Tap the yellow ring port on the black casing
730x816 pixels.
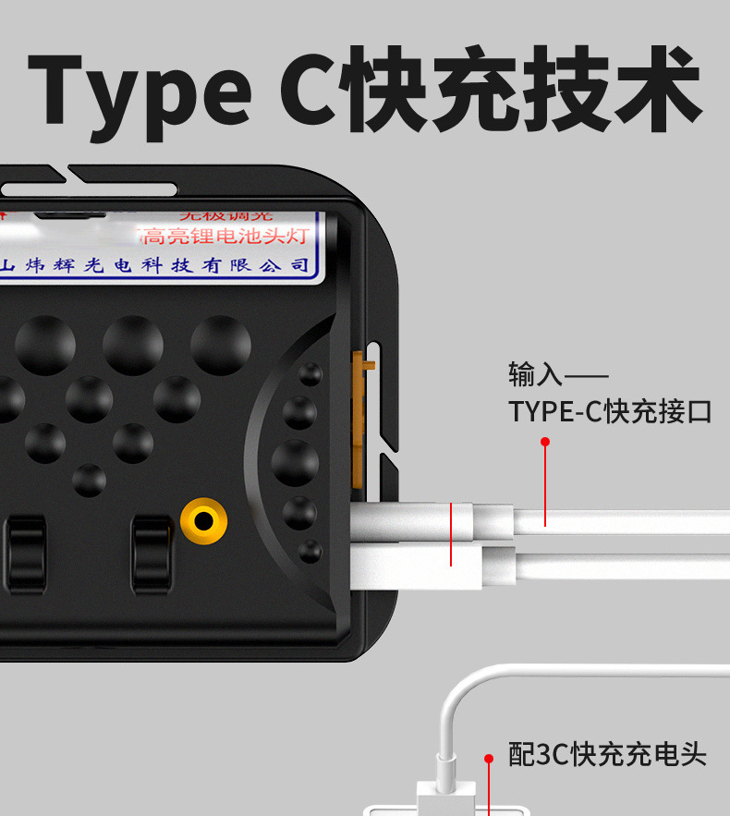tap(204, 523)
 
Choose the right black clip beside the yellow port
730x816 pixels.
tap(152, 553)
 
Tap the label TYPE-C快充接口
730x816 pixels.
tap(610, 411)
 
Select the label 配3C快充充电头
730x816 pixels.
tap(607, 754)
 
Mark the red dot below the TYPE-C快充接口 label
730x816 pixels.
tap(545, 442)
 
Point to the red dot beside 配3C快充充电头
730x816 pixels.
tap(489, 757)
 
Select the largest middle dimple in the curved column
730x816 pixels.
tap(296, 462)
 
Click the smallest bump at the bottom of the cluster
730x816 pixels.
tap(90, 478)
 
